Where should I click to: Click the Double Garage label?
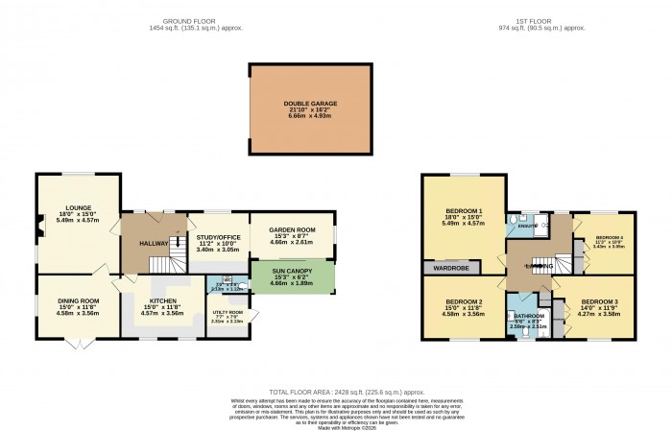pyautogui.click(x=309, y=103)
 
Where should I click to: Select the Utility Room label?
pyautogui.click(x=228, y=312)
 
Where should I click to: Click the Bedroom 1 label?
pyautogui.click(x=464, y=210)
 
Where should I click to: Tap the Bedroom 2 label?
pyautogui.click(x=464, y=303)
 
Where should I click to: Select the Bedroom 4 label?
pyautogui.click(x=610, y=237)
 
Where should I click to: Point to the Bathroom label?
pyautogui.click(x=528, y=315)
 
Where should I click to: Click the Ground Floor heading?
pyautogui.click(x=186, y=21)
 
